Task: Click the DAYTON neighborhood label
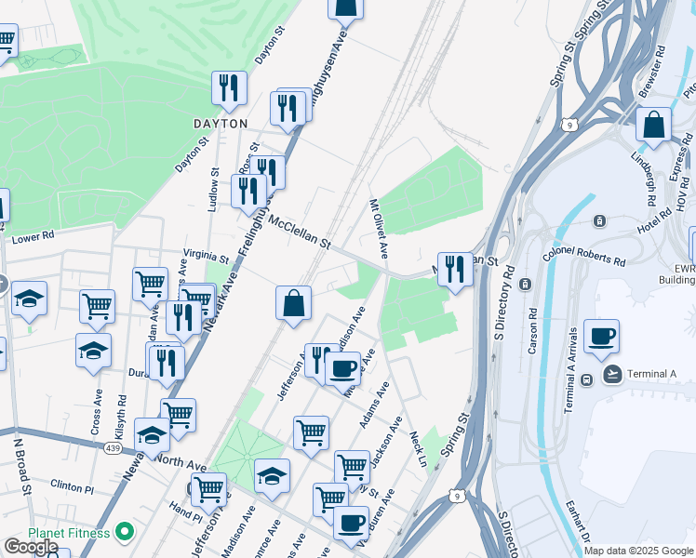coord(221,123)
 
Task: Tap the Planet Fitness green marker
coord(123,533)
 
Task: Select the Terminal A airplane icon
coord(612,374)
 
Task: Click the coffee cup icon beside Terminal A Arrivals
coord(601,337)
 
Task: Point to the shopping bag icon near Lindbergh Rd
coord(654,125)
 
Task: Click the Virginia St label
coord(206,256)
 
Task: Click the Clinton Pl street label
coord(73,486)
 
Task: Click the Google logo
coord(31,547)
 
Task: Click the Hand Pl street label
coord(186,512)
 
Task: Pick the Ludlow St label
coord(213,191)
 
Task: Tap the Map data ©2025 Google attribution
coord(638,551)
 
